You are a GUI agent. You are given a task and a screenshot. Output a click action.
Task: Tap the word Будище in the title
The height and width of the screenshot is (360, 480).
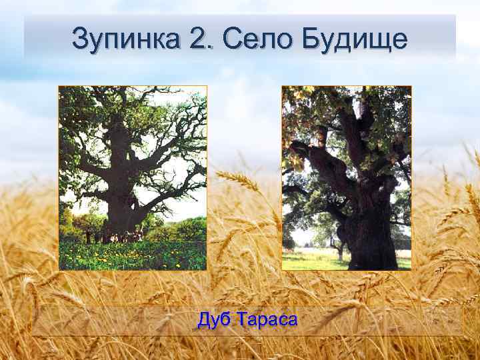pyautogui.click(x=354, y=40)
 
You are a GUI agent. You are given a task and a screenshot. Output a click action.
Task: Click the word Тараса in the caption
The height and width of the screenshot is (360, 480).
pyautogui.click(x=265, y=320)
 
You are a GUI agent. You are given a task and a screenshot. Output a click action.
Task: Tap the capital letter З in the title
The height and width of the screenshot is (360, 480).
pyautogui.click(x=79, y=39)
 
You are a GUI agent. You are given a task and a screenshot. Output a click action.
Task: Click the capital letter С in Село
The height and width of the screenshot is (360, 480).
pyautogui.click(x=233, y=39)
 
